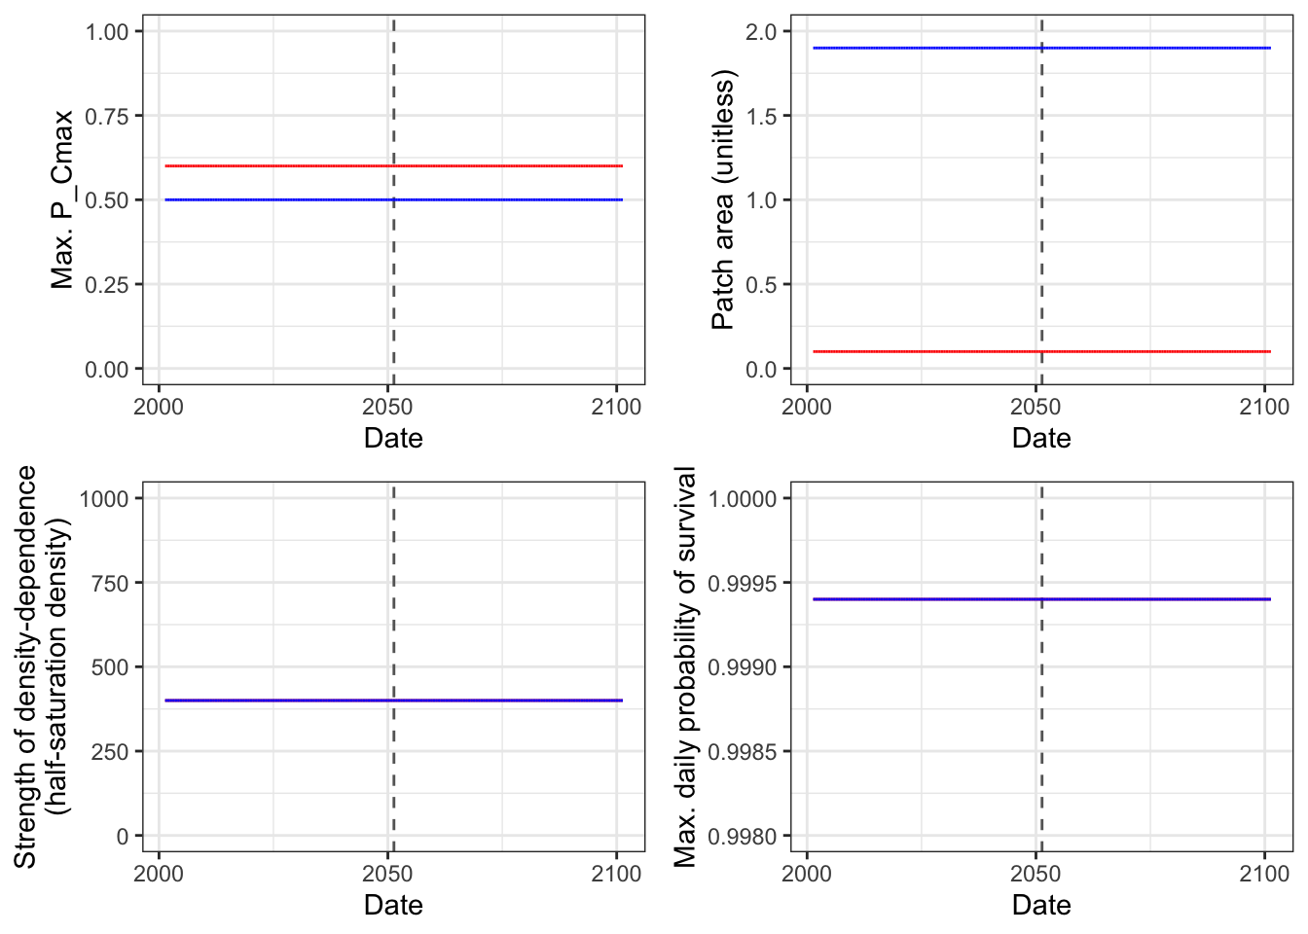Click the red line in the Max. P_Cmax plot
tap(394, 166)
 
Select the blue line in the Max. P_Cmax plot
tap(394, 200)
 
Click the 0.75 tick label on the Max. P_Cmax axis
tap(107, 117)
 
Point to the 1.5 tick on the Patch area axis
tap(761, 117)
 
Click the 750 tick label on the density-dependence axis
tap(110, 584)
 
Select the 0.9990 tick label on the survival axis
tap(743, 667)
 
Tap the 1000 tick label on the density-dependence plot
tap(104, 499)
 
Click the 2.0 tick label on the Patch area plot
tap(761, 32)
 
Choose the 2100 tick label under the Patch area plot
tap(1265, 407)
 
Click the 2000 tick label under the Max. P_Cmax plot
tap(159, 407)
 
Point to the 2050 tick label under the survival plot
tap(1035, 874)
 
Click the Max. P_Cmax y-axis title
tap(62, 200)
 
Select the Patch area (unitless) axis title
tap(723, 200)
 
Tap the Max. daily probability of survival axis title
tap(685, 666)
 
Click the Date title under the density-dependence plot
tap(393, 906)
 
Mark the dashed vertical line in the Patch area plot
tap(1041, 200)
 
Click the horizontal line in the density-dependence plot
tap(394, 700)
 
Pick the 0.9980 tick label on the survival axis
tap(743, 837)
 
